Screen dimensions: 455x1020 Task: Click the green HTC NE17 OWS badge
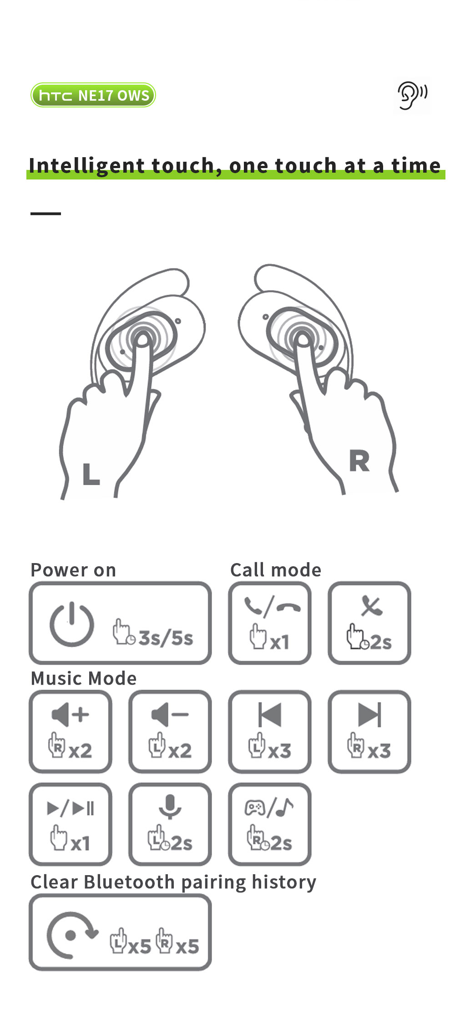coord(93,95)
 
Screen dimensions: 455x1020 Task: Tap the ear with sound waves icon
coord(412,96)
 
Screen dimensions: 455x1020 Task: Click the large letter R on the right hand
coord(359,461)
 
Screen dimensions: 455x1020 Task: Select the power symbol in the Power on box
coord(72,624)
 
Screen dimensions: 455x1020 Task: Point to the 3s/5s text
coord(166,638)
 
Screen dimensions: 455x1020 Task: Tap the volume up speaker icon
coord(71,714)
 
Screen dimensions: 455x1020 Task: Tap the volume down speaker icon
coord(170,714)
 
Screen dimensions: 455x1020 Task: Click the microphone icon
coord(170,807)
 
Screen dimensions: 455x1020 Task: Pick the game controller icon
coord(255,808)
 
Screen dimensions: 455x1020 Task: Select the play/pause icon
coord(71,808)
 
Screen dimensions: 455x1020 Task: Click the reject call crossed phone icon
coord(372,606)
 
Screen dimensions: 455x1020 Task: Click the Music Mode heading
coord(84,678)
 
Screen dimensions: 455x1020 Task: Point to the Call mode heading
coord(276,570)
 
